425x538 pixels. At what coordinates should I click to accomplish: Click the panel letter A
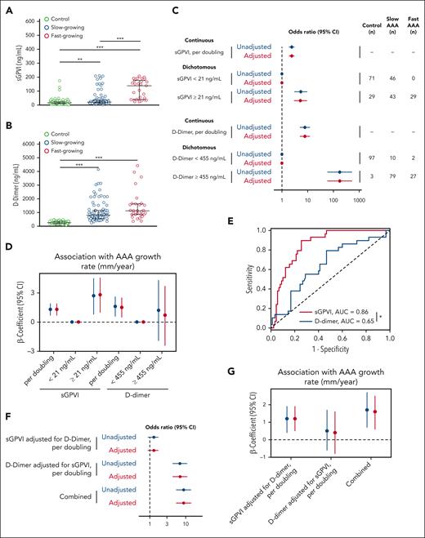pyautogui.click(x=6, y=7)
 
